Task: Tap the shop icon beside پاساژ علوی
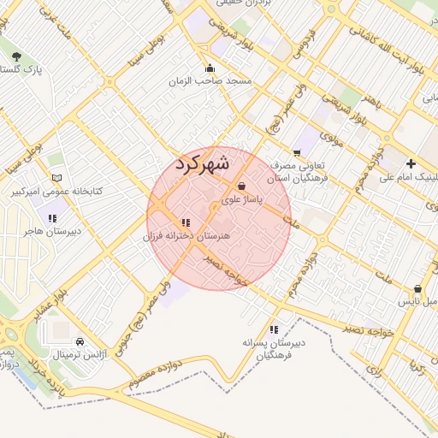[x=242, y=186]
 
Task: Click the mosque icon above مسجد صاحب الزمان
[x=210, y=68]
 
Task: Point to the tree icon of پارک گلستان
[x=17, y=56]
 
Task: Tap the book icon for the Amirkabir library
[x=56, y=178]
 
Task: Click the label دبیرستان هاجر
[x=51, y=231]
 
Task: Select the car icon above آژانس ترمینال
[x=80, y=340]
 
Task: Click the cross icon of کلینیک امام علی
[x=411, y=163]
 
